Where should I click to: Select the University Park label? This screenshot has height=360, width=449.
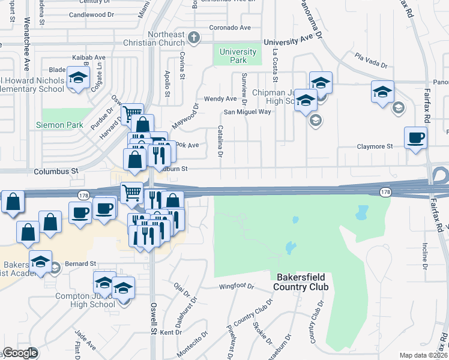238,56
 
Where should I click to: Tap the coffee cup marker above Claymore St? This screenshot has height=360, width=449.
415,139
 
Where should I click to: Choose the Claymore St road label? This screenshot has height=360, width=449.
375,146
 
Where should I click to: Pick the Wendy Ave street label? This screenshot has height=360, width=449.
220,98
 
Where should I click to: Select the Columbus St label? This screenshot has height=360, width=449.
56,171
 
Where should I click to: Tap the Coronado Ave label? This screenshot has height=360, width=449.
229,28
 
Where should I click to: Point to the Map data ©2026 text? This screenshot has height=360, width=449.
423,355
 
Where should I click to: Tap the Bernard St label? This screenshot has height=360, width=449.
81,263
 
